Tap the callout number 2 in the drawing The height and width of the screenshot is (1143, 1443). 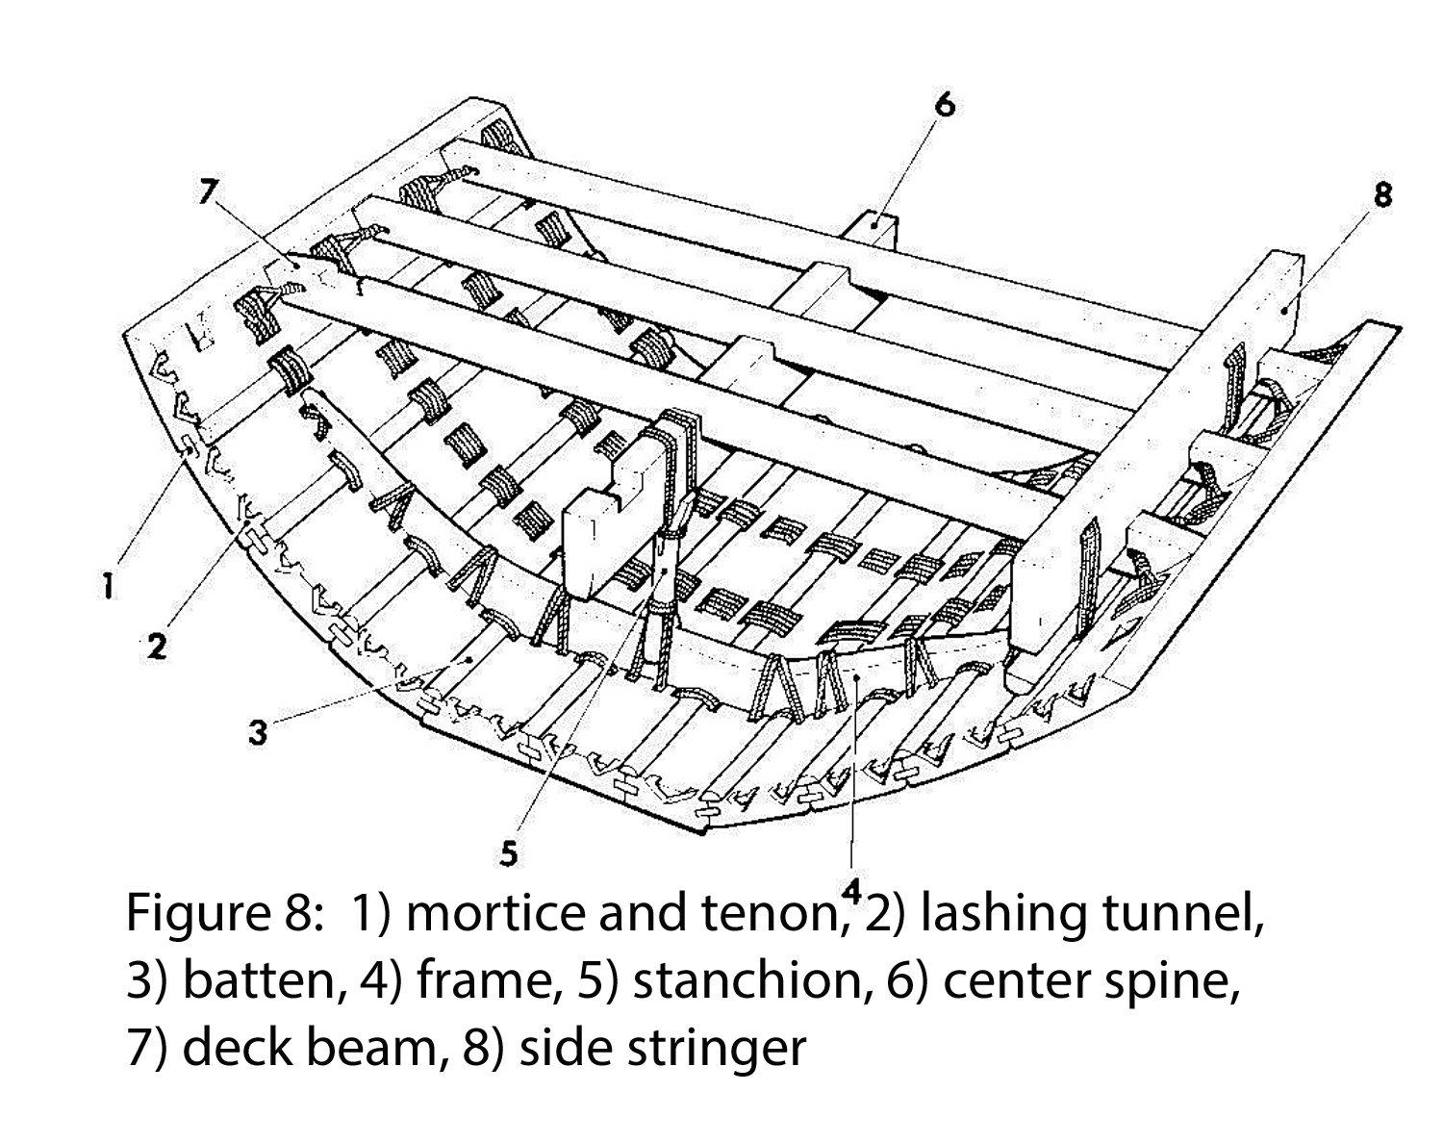[x=156, y=646]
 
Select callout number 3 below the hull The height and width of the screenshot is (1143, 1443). [x=258, y=732]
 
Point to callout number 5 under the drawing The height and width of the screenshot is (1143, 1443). [x=508, y=854]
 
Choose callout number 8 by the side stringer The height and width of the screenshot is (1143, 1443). [x=1382, y=194]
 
